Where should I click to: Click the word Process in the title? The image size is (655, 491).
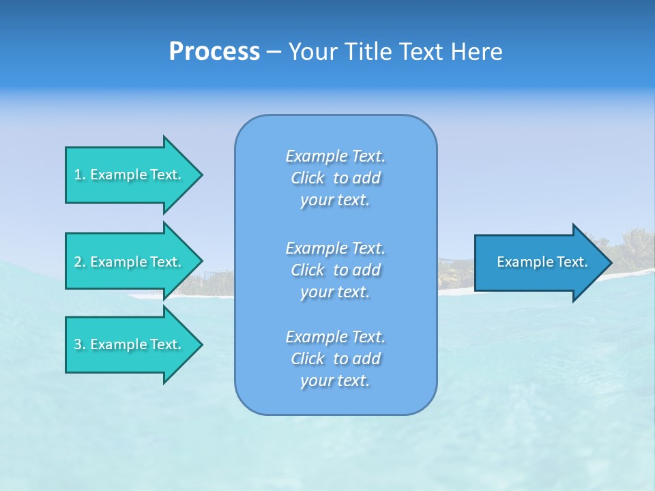[214, 52]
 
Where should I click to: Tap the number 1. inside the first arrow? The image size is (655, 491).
[80, 175]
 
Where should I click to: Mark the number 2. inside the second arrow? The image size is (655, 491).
[80, 262]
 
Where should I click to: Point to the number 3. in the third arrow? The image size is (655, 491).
[80, 344]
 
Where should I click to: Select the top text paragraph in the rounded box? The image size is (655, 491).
[335, 178]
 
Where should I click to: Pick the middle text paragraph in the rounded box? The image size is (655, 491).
[335, 270]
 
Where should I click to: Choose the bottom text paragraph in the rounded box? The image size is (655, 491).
[335, 359]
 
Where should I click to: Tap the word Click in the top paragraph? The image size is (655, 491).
[308, 178]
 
